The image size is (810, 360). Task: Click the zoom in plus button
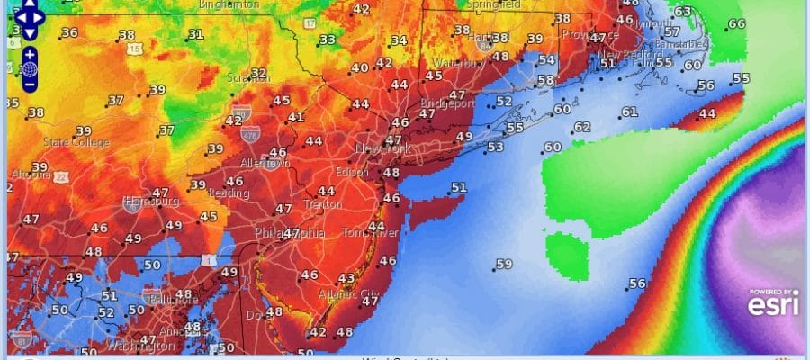point(30,53)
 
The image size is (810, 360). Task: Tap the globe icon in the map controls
point(30,68)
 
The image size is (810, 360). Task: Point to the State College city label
point(76,142)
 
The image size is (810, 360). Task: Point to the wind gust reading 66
point(736,24)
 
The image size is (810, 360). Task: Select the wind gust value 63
point(683,12)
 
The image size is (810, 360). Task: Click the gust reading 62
point(581,127)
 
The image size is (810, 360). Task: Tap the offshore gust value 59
point(504,264)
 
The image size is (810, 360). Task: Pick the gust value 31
point(195,34)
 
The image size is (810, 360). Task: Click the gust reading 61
point(629,112)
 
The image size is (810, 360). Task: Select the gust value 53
point(495,147)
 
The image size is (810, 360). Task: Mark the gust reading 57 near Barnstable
point(672,31)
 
